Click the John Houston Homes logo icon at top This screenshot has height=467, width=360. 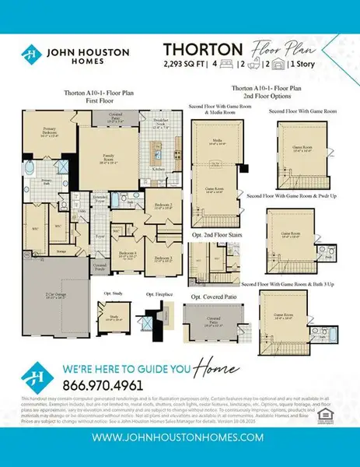coord(28,54)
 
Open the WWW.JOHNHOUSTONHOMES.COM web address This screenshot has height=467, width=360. coord(180,439)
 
